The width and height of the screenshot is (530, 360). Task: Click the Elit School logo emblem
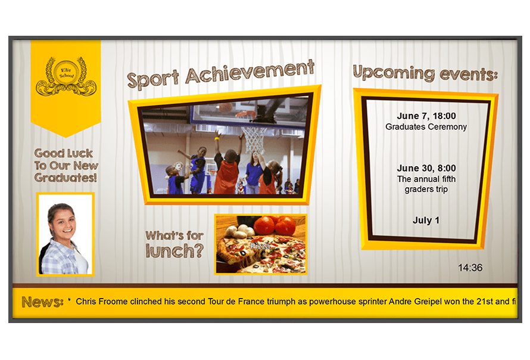[66, 76]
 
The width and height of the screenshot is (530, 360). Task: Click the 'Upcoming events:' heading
[425, 73]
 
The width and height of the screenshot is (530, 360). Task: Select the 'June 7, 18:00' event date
[426, 116]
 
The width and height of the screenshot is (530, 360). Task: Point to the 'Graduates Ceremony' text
[426, 127]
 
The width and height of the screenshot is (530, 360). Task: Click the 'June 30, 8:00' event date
[426, 168]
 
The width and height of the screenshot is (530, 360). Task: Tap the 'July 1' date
[426, 221]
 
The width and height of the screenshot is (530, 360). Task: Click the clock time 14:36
[470, 268]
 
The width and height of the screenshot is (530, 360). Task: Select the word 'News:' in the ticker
[43, 302]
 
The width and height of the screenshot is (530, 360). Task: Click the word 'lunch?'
[174, 251]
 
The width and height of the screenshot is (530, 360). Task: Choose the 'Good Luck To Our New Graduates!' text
[66, 166]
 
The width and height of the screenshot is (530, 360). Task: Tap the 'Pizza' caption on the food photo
[260, 246]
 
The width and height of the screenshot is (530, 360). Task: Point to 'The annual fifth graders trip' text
[426, 184]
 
